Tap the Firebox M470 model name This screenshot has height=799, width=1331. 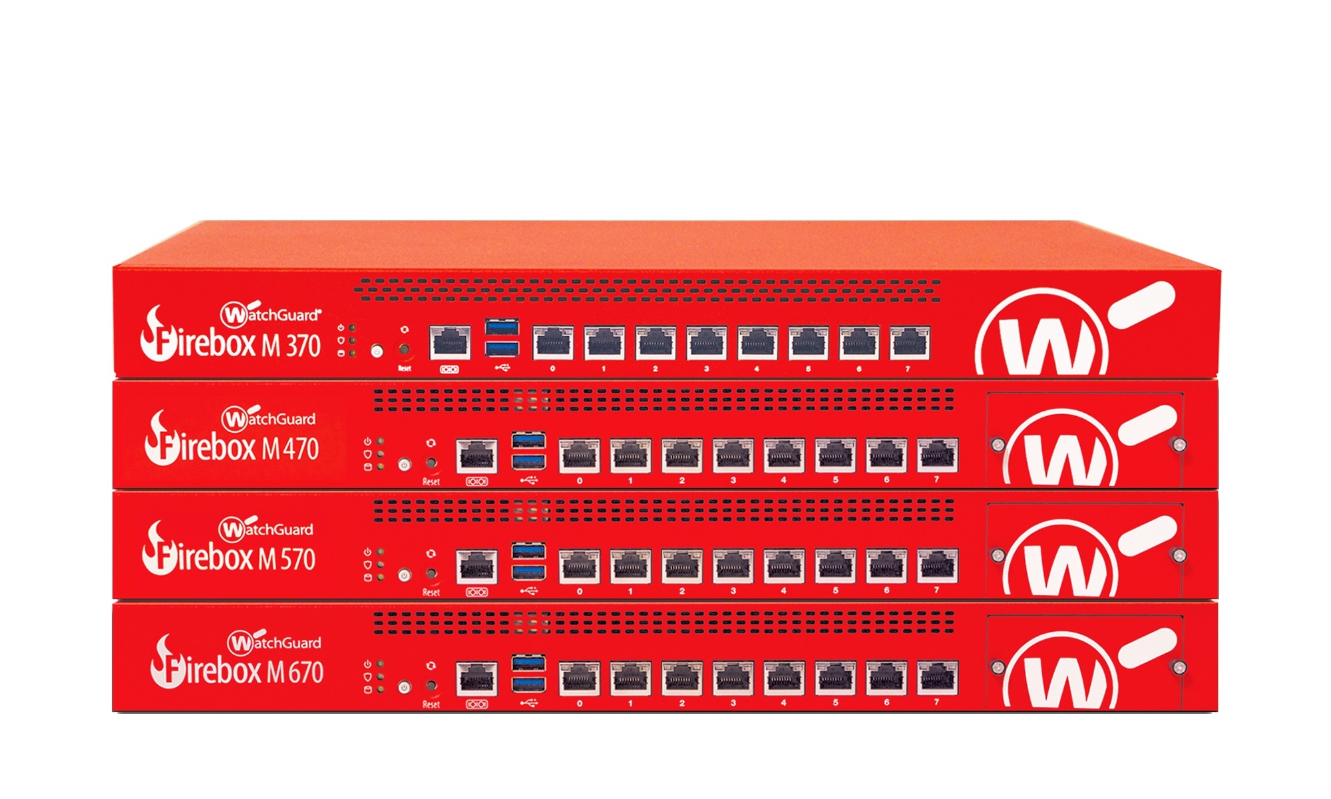click(x=232, y=447)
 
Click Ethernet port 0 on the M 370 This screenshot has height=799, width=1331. click(x=553, y=343)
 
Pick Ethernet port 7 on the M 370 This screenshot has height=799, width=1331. click(x=910, y=343)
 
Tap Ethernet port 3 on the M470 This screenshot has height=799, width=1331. click(x=733, y=455)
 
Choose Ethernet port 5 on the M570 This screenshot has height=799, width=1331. click(x=835, y=566)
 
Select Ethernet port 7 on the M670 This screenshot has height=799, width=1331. click(x=938, y=678)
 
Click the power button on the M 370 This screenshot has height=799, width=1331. click(x=377, y=350)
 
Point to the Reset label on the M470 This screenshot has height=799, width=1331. click(x=431, y=481)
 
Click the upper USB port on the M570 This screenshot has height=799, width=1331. click(x=528, y=551)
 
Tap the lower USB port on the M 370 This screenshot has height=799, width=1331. click(x=502, y=349)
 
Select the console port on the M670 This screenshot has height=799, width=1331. click(x=476, y=678)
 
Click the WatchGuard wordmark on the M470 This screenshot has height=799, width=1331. click(x=269, y=419)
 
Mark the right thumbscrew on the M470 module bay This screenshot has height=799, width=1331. click(x=1179, y=444)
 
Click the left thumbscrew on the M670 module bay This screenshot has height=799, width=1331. click(x=998, y=667)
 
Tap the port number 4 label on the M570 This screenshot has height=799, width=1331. click(x=784, y=591)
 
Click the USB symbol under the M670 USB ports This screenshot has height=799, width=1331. click(x=528, y=702)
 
